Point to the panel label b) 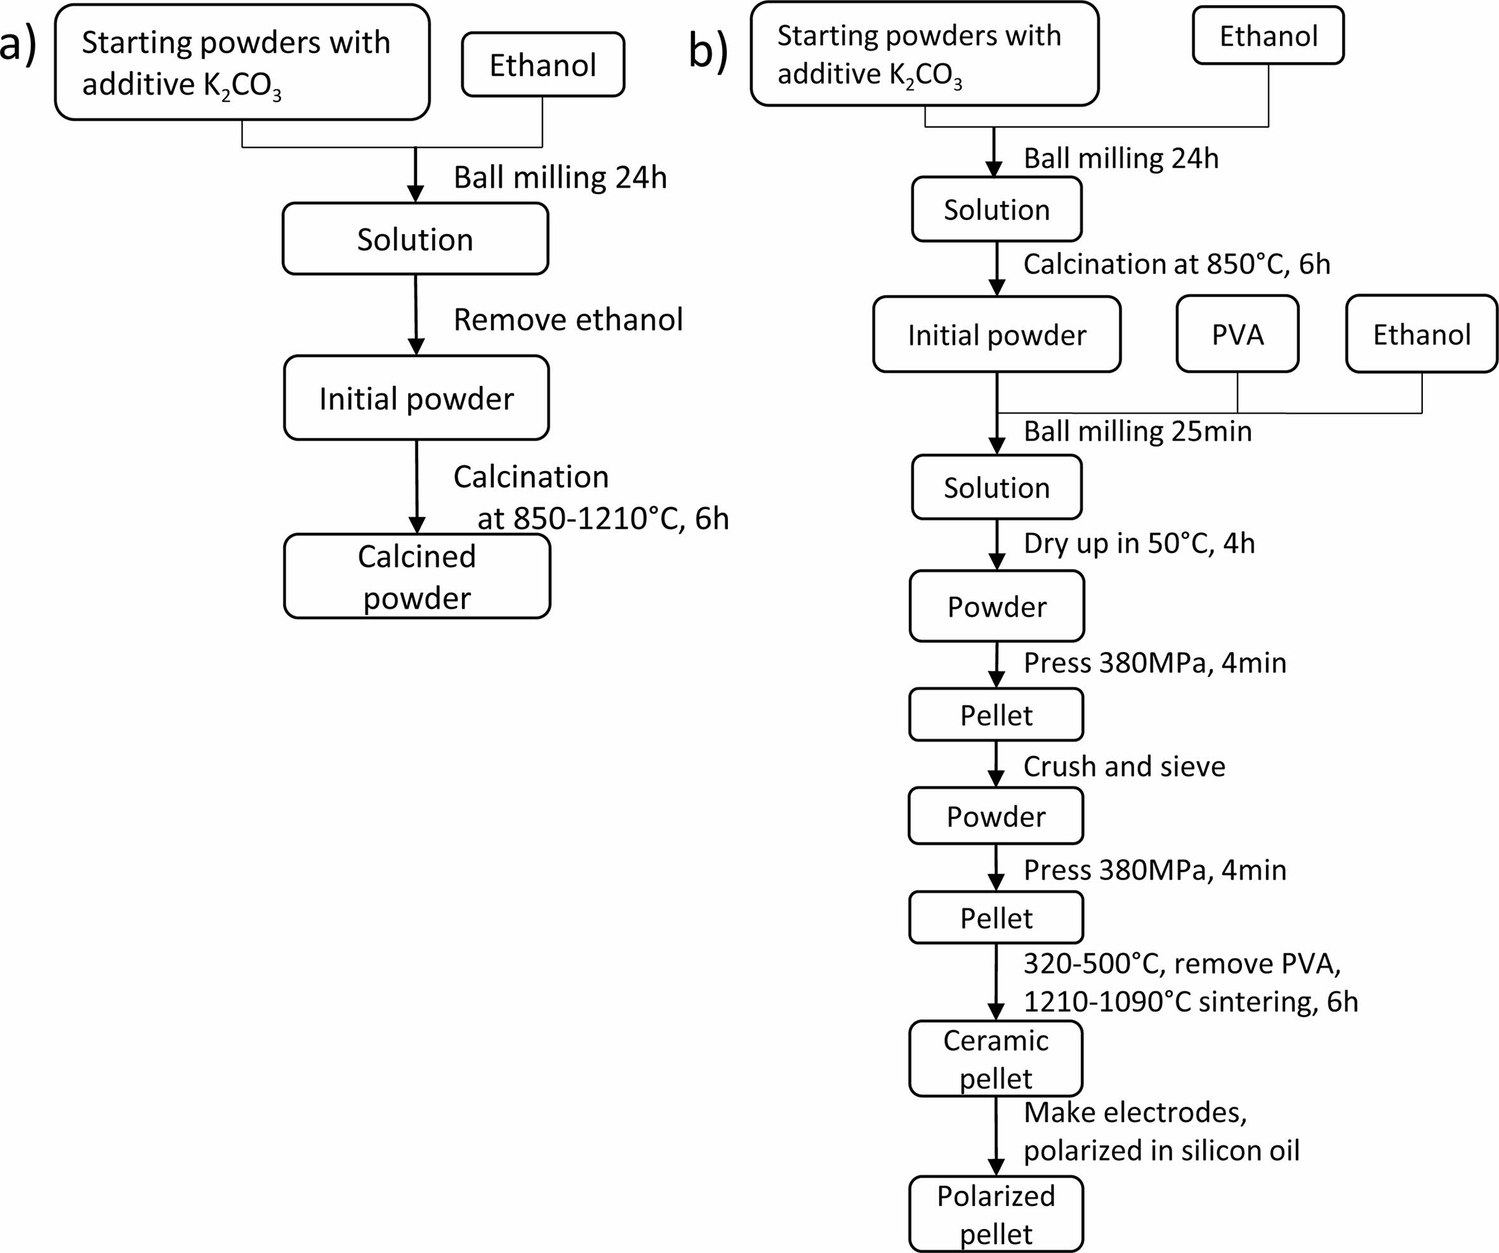(708, 51)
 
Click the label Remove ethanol (568, 319)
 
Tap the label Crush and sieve (1125, 766)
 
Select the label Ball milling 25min (1138, 431)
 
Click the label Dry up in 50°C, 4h (1139, 543)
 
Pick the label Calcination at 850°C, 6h (1177, 264)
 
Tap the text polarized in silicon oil (1161, 1151)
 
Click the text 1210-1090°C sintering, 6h (1191, 1002)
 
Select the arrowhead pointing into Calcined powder (417, 524)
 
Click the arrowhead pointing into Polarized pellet (996, 1167)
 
